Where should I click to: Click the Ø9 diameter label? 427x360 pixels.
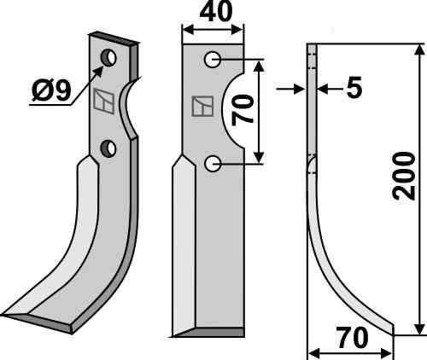coord(51,91)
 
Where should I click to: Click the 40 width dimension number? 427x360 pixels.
coord(216,12)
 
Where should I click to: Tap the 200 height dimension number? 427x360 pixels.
coord(403,176)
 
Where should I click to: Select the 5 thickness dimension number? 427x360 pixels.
coord(354,87)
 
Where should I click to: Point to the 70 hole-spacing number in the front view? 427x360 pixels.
coord(243,110)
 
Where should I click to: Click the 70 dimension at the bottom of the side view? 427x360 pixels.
coord(352,338)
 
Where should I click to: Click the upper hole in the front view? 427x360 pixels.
coord(213,60)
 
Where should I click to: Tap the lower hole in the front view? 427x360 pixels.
coord(213,164)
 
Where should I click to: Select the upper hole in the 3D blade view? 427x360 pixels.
coord(108,58)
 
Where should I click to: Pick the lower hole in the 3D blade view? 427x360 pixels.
coord(108,148)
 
